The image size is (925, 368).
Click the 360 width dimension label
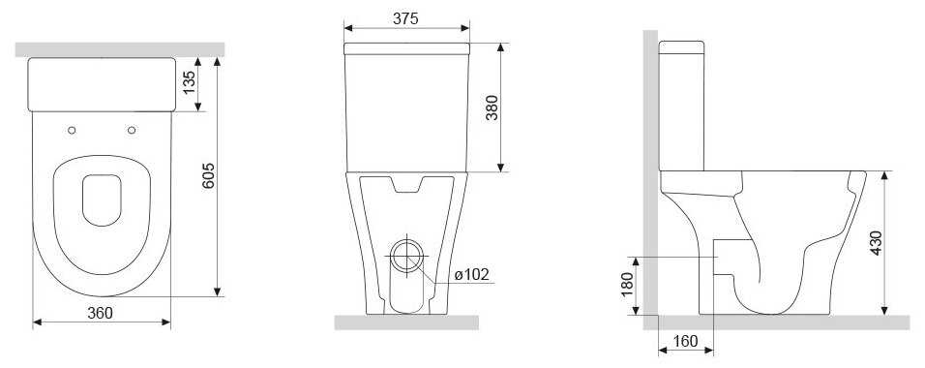click(100, 313)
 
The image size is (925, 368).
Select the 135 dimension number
click(189, 83)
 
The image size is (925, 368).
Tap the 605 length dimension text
click(208, 175)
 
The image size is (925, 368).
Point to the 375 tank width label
click(405, 18)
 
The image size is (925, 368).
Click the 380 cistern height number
click(492, 107)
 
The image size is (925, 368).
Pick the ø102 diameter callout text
click(472, 275)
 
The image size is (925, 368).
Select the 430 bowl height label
click(876, 243)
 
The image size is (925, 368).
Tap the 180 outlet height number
click(627, 286)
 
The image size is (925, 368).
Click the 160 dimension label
click(685, 342)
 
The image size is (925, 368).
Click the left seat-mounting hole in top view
click(72, 130)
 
